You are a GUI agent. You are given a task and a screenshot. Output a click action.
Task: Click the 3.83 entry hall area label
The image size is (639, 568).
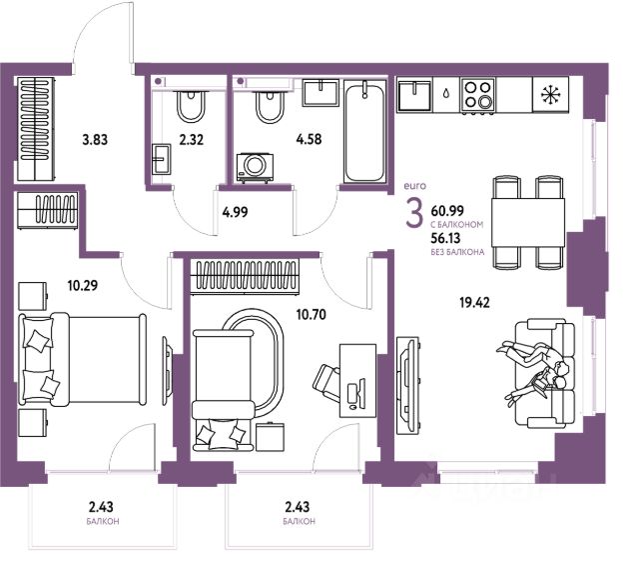[x=95, y=140]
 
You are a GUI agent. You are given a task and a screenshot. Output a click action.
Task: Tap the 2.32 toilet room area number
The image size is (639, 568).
[x=191, y=140]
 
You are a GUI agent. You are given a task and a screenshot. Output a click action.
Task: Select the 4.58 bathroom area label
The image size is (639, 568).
[x=309, y=139]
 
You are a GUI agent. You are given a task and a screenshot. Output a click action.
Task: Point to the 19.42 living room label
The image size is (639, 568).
[x=474, y=303]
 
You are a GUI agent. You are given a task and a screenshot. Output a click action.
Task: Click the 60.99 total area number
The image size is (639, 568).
[x=447, y=211]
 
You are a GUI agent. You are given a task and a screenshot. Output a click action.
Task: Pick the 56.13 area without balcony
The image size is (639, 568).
[x=445, y=237]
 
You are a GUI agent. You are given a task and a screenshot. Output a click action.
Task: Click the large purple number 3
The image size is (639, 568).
[x=414, y=214]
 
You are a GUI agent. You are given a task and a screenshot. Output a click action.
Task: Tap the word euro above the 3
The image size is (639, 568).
[x=415, y=186]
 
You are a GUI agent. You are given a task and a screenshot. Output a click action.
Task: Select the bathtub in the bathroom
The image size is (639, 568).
[x=364, y=131]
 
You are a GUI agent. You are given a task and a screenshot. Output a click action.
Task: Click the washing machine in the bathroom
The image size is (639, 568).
[x=256, y=167]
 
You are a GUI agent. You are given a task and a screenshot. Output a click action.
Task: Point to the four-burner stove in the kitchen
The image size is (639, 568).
[x=478, y=95]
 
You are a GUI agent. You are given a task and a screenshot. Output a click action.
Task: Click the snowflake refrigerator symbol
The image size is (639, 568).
[x=550, y=95]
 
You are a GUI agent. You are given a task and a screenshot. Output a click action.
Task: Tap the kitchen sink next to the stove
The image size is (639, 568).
[x=414, y=95]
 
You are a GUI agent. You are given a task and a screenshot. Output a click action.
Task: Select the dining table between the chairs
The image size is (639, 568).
[x=528, y=222]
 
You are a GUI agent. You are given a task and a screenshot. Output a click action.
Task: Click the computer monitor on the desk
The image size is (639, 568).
[x=360, y=392]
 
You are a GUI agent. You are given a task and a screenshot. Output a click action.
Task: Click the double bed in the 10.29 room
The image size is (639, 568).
[x=82, y=360]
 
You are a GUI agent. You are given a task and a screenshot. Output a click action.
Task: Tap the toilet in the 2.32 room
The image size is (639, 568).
[x=191, y=106]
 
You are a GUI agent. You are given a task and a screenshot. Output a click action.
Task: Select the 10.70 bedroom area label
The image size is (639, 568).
[x=311, y=315]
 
